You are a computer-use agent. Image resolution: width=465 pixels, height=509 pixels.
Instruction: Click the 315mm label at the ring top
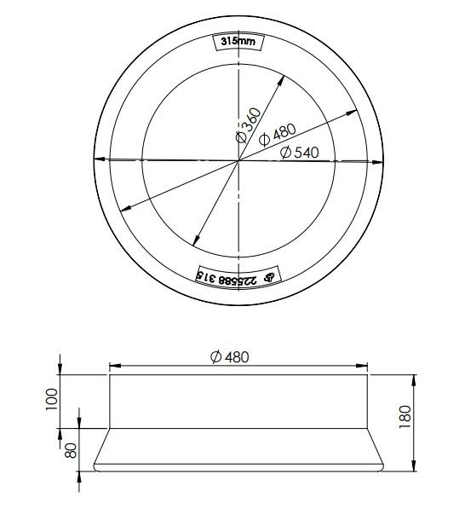click(238, 42)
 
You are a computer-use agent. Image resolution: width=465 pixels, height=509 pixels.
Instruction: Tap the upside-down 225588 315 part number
click(228, 277)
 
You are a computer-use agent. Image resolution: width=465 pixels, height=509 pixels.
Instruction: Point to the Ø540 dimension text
click(299, 152)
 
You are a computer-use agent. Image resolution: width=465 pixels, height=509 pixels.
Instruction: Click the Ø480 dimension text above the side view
click(229, 356)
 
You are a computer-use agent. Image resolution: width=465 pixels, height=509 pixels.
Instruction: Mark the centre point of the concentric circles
click(238, 159)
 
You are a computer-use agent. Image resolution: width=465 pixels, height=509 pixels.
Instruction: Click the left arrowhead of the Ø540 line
click(99, 159)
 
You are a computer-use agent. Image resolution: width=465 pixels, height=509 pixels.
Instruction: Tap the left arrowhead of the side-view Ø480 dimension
click(112, 367)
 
